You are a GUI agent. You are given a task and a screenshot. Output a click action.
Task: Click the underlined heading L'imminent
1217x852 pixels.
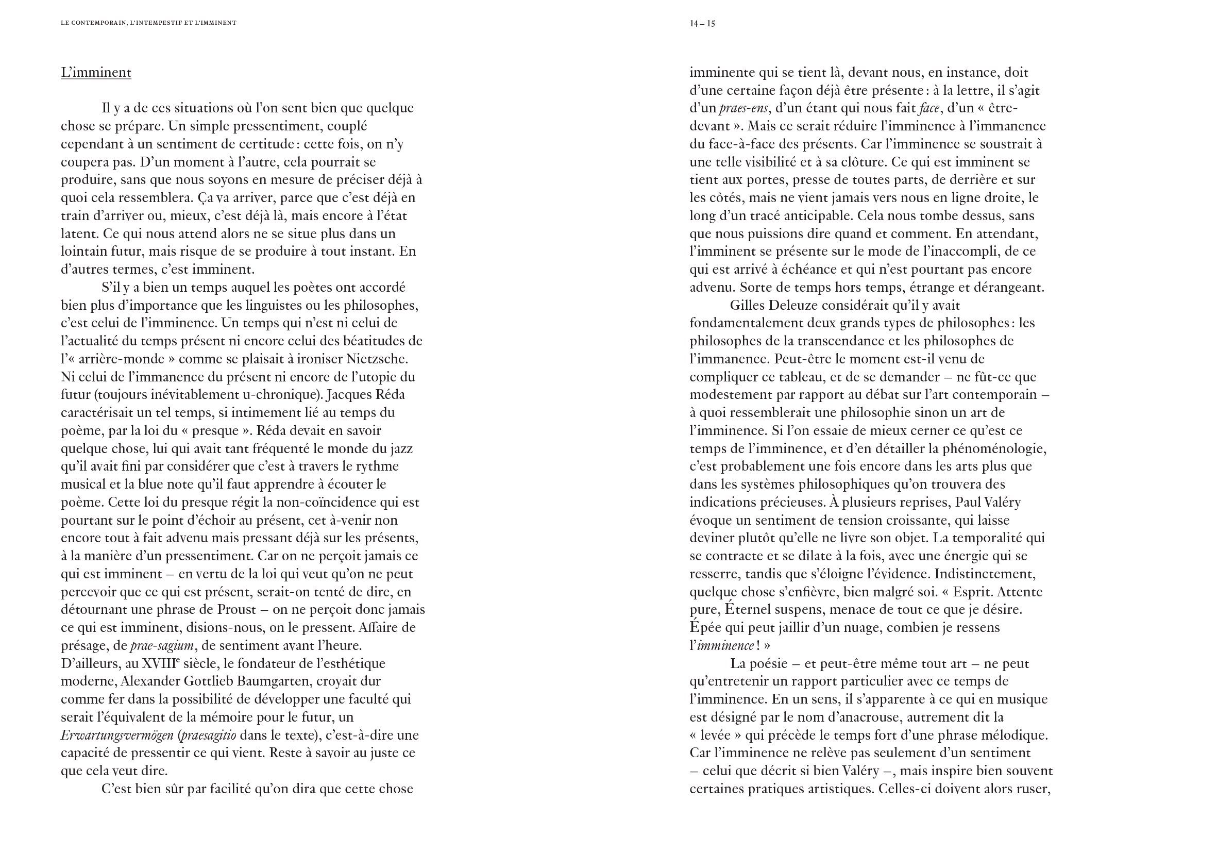click(96, 72)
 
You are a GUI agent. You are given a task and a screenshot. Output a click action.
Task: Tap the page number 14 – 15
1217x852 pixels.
click(702, 23)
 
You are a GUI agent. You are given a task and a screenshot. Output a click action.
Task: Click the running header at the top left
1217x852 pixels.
click(148, 23)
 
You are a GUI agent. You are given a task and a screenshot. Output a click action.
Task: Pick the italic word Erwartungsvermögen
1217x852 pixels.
click(117, 735)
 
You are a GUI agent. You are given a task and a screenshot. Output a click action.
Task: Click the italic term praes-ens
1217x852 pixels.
click(743, 108)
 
